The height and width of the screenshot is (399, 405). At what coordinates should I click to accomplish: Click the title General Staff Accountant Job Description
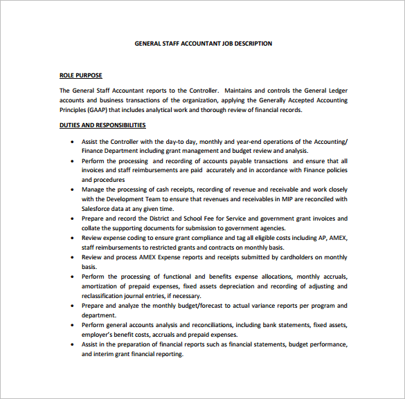[x=203, y=44]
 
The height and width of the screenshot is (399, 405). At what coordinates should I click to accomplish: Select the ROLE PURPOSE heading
[x=81, y=75]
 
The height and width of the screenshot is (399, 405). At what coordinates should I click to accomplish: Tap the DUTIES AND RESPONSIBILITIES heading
[x=102, y=125]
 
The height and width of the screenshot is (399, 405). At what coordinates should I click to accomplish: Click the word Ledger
[x=335, y=91]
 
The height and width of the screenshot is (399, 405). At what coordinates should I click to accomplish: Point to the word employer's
[x=99, y=335]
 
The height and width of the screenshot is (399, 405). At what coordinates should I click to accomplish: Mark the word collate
[x=93, y=228]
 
